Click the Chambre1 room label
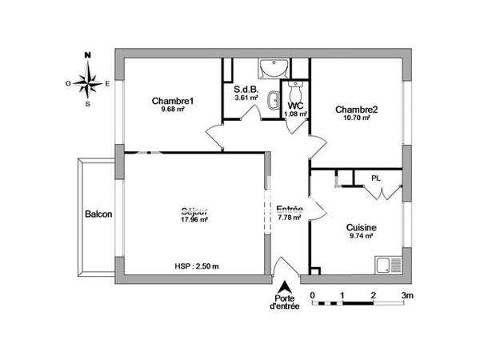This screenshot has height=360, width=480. [174, 101]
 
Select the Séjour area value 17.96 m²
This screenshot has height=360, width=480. [194, 219]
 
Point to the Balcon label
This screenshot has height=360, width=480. [98, 214]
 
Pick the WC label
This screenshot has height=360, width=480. [295, 106]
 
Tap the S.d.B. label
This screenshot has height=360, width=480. [246, 90]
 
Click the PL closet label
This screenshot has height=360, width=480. [375, 178]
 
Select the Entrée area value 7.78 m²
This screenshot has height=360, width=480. [289, 217]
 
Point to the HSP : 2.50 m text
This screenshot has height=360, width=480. [196, 266]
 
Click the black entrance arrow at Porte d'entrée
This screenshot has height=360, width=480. [283, 286]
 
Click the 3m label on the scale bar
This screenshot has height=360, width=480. [407, 295]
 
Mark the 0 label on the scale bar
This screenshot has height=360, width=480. [312, 295]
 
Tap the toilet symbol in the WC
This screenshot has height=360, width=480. [294, 86]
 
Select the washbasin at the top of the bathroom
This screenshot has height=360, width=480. [270, 69]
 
